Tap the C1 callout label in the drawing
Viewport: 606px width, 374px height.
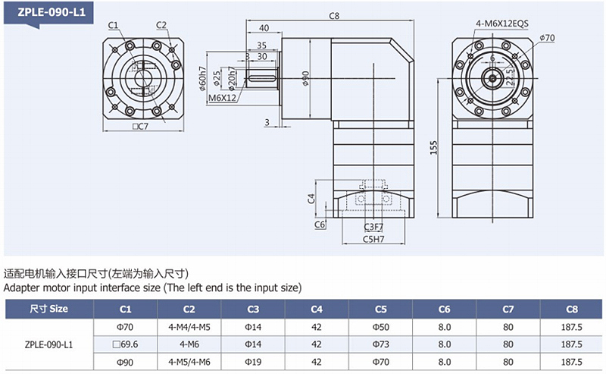tap(113, 25)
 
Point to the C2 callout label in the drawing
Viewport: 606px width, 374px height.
tap(161, 25)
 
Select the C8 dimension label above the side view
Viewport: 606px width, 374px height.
tap(334, 15)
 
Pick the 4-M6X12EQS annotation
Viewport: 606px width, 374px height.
tap(501, 24)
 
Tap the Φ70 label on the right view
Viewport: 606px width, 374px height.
tap(548, 37)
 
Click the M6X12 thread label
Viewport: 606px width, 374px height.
tap(222, 98)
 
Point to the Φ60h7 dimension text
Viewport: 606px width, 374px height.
tap(203, 78)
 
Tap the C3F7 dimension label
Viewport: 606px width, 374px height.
tap(373, 226)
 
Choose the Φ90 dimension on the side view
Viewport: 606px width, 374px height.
tap(306, 78)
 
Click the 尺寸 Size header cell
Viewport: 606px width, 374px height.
tap(48, 309)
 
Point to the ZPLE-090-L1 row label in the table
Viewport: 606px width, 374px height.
tap(48, 344)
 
